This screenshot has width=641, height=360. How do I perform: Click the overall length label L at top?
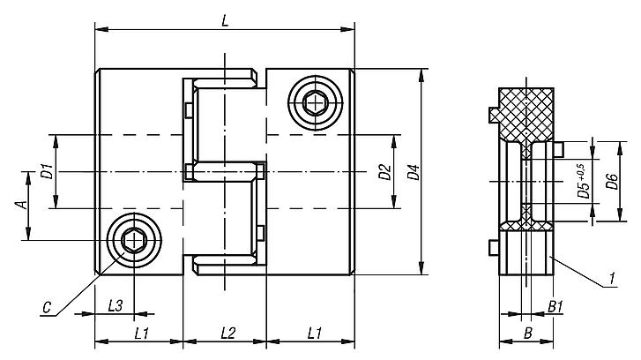[226, 21]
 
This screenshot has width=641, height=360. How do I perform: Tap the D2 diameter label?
[384, 171]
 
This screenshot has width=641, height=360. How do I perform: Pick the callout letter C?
[46, 307]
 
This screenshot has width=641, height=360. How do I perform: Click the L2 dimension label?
[226, 333]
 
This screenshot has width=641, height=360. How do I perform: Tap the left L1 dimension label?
[139, 333]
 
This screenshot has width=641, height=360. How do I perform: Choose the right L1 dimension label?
[311, 333]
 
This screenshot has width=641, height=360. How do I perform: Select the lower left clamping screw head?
[134, 239]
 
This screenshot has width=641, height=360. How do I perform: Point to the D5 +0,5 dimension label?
[581, 181]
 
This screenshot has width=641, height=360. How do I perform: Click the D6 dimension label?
[611, 181]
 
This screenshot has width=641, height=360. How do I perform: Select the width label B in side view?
[526, 333]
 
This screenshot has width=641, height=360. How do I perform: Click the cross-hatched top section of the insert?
[526, 111]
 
